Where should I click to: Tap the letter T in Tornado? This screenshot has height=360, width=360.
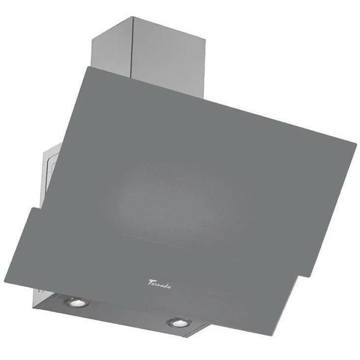pyautogui.click(x=150, y=282)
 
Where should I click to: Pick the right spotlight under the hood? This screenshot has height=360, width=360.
pyautogui.click(x=178, y=323)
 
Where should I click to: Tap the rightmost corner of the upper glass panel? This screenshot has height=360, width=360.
pyautogui.click(x=356, y=144)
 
